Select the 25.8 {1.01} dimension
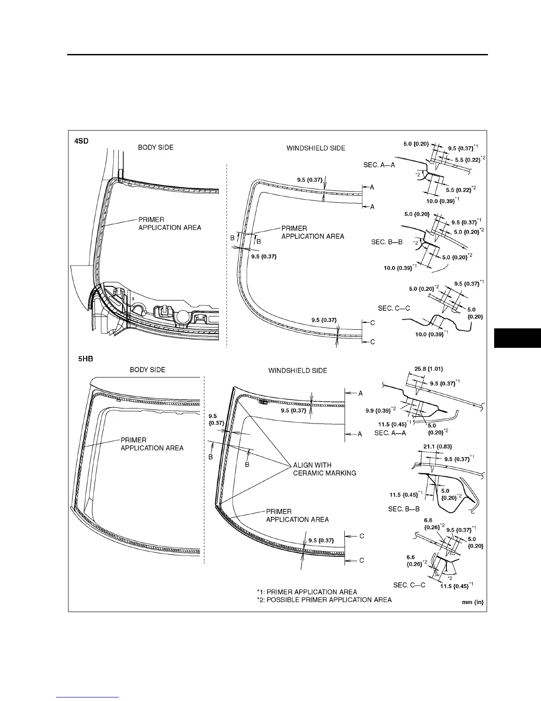(429, 369)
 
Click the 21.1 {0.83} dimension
(438, 447)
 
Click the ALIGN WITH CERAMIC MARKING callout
(324, 469)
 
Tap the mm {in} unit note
(472, 603)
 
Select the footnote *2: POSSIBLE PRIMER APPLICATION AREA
(324, 600)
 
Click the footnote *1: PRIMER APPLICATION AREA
(307, 592)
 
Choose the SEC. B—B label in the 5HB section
(404, 509)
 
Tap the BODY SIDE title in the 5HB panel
(147, 370)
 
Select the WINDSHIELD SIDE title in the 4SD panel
(316, 148)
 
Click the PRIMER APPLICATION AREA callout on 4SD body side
(170, 223)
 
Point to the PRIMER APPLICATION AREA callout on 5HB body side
(152, 444)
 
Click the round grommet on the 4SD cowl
(183, 317)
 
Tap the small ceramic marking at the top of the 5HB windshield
(263, 402)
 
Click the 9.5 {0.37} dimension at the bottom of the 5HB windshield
(321, 540)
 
